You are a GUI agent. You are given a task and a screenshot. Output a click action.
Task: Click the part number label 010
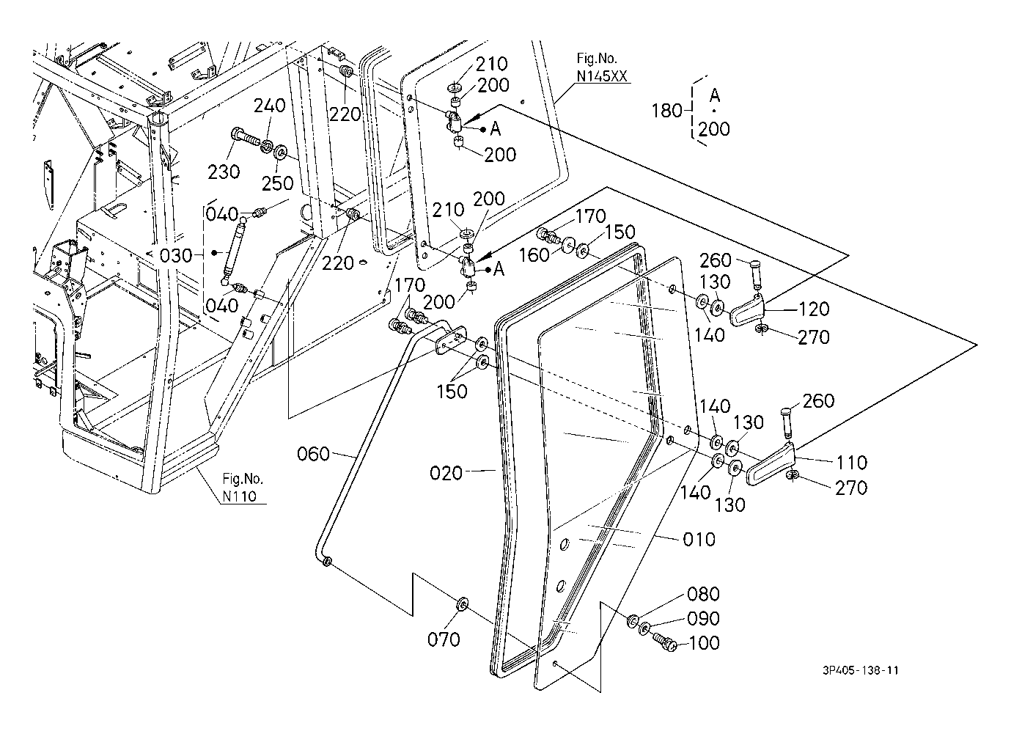[699, 540]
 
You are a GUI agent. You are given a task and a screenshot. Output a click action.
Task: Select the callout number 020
[446, 473]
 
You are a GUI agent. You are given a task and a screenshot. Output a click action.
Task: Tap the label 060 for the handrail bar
[313, 454]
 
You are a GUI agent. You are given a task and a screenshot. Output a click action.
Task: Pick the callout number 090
[703, 618]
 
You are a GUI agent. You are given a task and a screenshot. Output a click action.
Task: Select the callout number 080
[703, 594]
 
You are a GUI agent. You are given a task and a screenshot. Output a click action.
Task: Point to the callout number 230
[224, 172]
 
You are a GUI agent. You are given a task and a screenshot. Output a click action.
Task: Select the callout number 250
[278, 183]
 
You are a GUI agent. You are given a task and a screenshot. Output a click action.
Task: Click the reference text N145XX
[602, 76]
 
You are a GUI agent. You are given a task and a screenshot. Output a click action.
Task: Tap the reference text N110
[240, 496]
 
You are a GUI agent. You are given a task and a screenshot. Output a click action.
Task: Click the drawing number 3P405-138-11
[860, 670]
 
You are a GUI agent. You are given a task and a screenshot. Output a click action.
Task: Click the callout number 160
[534, 255]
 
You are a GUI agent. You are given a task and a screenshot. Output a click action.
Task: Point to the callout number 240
[270, 106]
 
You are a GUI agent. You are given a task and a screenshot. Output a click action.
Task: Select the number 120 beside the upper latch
[815, 309]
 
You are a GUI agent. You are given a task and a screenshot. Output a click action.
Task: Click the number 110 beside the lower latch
[852, 462]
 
